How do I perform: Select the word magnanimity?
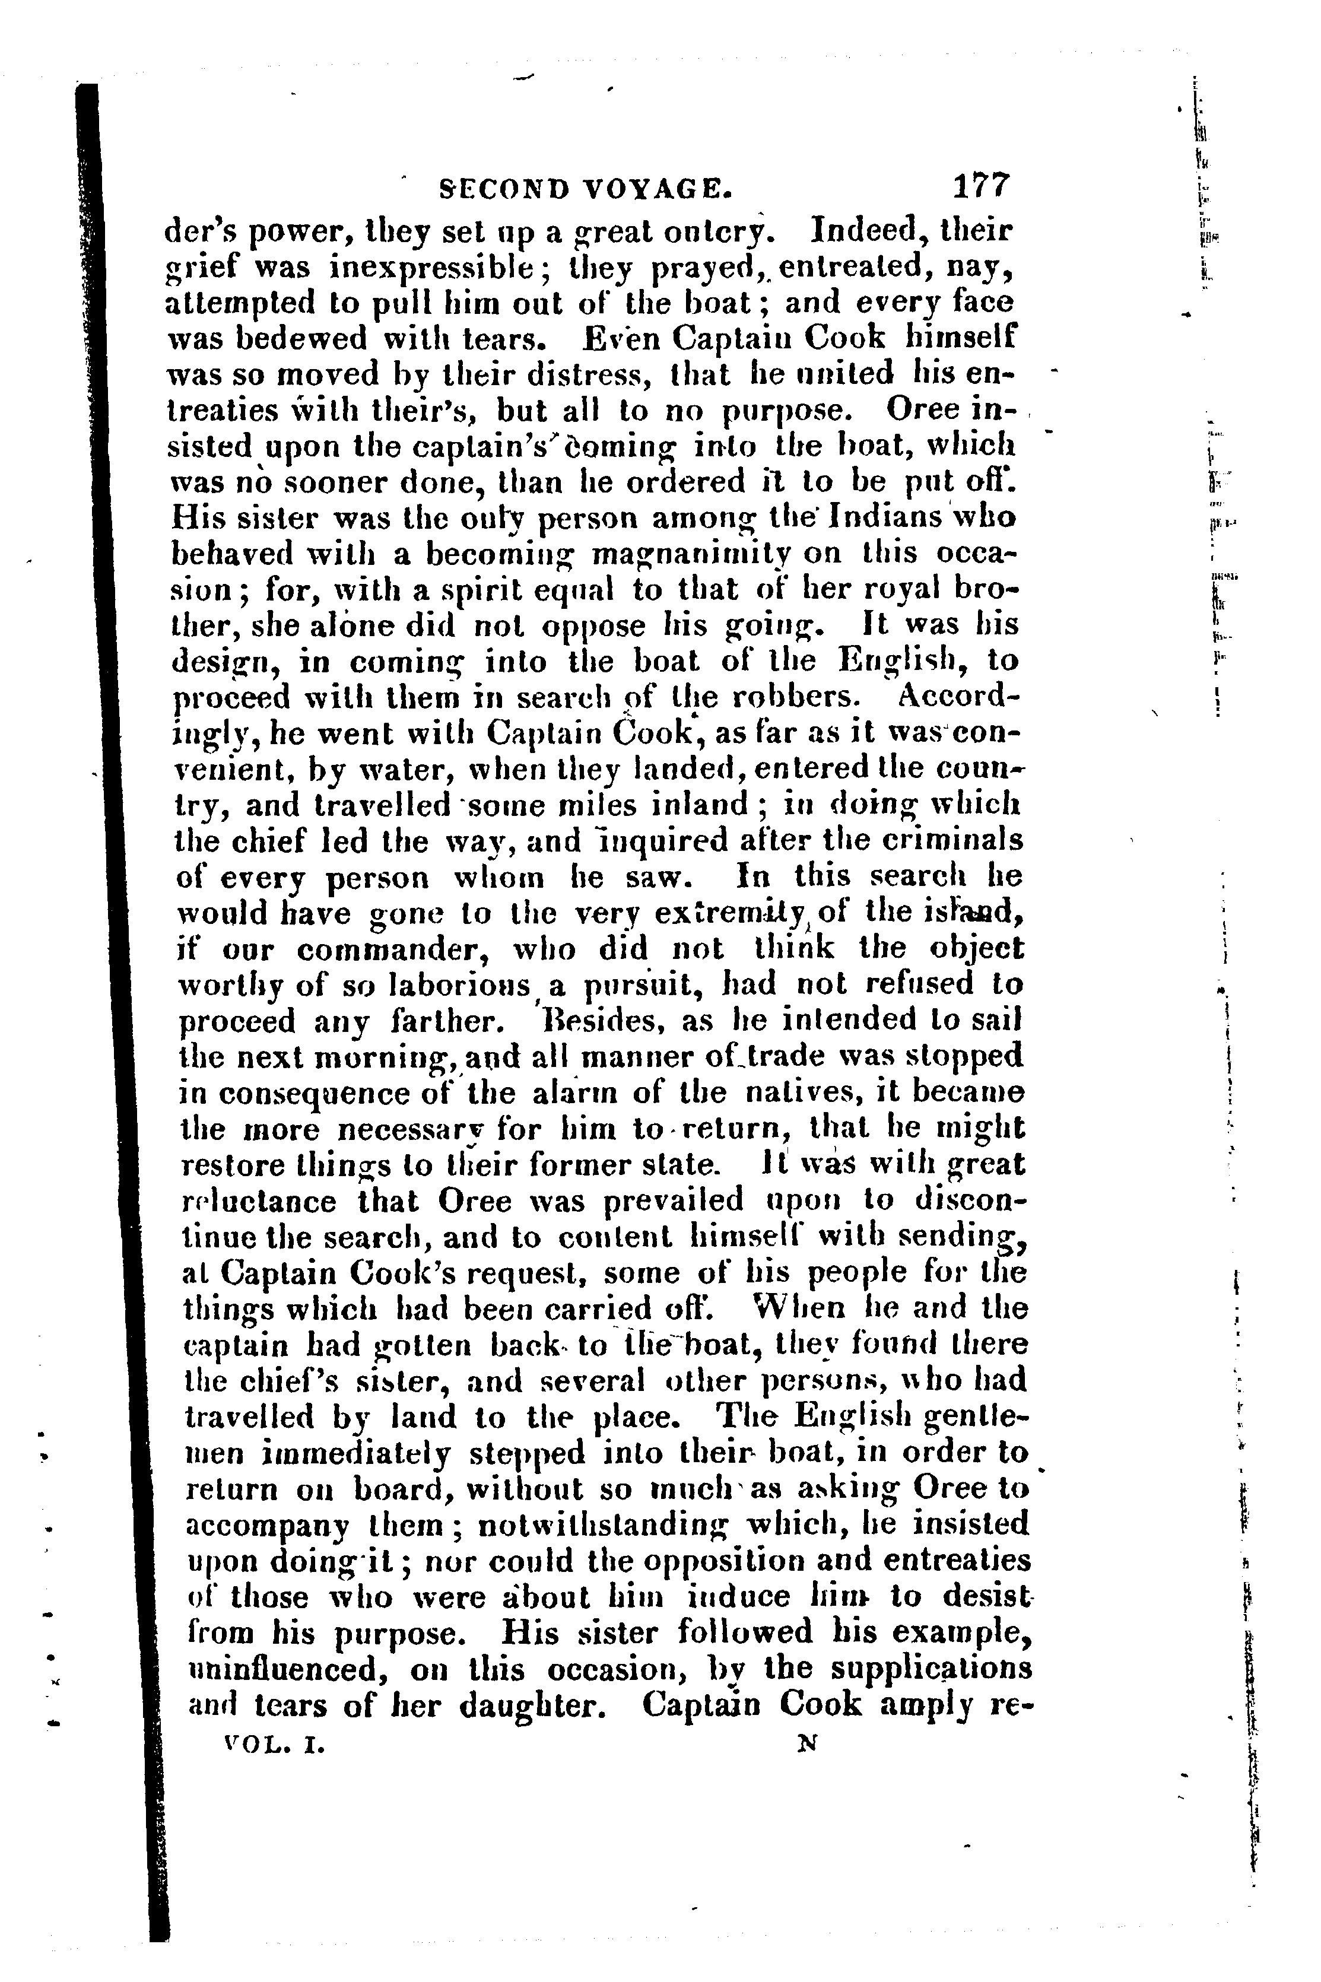[x=692, y=554]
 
